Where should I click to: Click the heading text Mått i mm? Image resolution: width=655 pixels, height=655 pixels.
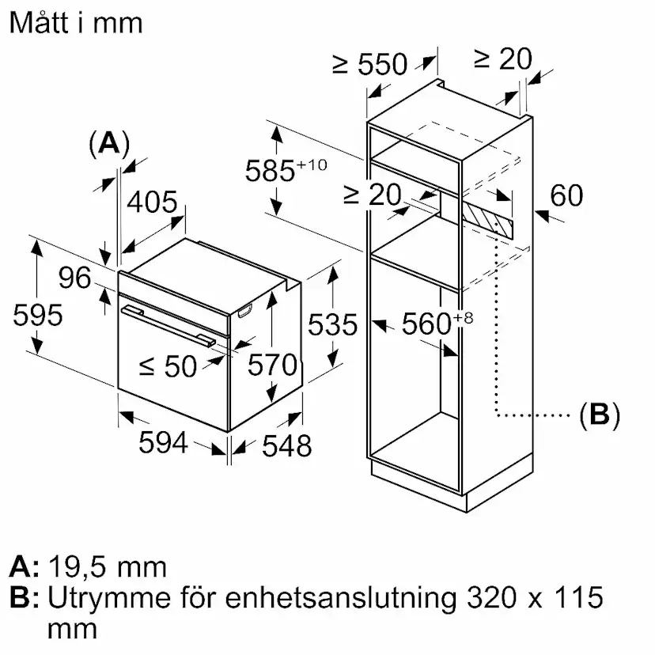pyautogui.click(x=76, y=22)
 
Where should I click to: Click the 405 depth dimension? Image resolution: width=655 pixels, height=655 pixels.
pyautogui.click(x=152, y=203)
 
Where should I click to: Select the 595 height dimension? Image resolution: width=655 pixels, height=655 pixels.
pyautogui.click(x=38, y=315)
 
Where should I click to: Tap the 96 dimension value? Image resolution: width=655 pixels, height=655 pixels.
pyautogui.click(x=75, y=278)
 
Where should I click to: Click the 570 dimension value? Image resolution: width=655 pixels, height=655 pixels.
pyautogui.click(x=272, y=365)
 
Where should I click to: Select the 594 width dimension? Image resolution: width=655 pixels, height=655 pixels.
pyautogui.click(x=163, y=443)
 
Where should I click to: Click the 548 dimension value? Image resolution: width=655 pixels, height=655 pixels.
pyautogui.click(x=286, y=446)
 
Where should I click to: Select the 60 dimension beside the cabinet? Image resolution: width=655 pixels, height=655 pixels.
pyautogui.click(x=566, y=196)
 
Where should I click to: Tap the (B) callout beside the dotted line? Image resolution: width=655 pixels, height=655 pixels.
pyautogui.click(x=598, y=414)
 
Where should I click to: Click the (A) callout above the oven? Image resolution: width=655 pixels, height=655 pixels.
pyautogui.click(x=108, y=143)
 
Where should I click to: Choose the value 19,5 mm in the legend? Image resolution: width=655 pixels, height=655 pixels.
pyautogui.click(x=108, y=566)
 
